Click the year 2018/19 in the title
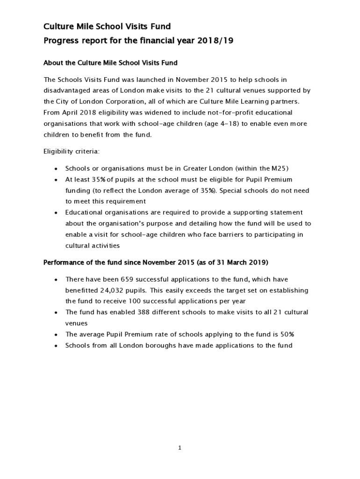click(216, 41)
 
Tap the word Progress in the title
click(62, 41)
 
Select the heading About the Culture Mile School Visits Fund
click(110, 63)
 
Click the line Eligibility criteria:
click(71, 152)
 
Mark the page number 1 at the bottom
click(180, 448)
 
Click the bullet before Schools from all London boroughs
click(56, 346)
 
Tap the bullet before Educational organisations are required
click(56, 213)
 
